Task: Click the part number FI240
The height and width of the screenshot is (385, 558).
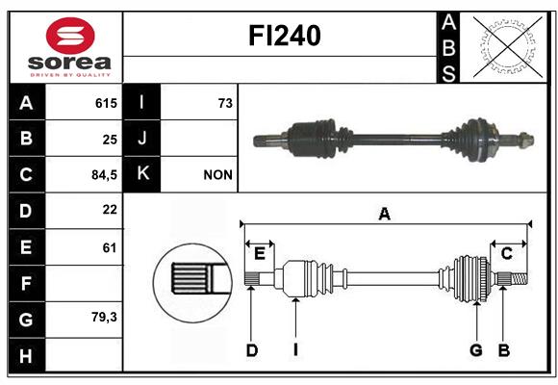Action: pyautogui.click(x=285, y=36)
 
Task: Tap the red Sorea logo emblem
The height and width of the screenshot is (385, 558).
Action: pyautogui.click(x=70, y=36)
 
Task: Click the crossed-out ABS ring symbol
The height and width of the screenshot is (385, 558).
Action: pyautogui.click(x=507, y=47)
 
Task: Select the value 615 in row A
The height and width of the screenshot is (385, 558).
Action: pyautogui.click(x=106, y=103)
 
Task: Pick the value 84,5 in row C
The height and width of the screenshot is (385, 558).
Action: pyautogui.click(x=104, y=175)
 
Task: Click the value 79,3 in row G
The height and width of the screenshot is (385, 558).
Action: pyautogui.click(x=104, y=317)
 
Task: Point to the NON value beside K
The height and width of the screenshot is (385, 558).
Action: pyautogui.click(x=217, y=175)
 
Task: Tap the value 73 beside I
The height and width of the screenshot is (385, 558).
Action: pyautogui.click(x=225, y=103)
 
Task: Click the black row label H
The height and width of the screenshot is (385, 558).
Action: pyautogui.click(x=26, y=356)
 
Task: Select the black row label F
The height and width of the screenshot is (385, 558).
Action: pyautogui.click(x=26, y=283)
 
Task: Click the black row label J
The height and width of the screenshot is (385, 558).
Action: pyautogui.click(x=141, y=138)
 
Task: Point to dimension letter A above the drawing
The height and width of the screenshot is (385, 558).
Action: pyautogui.click(x=384, y=214)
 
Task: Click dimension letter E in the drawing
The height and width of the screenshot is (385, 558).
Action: pyautogui.click(x=260, y=254)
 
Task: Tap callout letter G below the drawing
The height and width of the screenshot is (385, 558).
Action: pyautogui.click(x=476, y=350)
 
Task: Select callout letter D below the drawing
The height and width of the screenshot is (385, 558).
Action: pyautogui.click(x=252, y=350)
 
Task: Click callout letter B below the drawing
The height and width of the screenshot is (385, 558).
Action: pyautogui.click(x=504, y=350)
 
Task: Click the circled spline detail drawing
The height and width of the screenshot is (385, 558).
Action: pyautogui.click(x=192, y=283)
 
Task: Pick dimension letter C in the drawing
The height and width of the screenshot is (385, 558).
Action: pyautogui.click(x=506, y=254)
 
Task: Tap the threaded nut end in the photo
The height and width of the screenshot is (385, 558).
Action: pyautogui.click(x=525, y=140)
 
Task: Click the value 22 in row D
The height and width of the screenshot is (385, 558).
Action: pyautogui.click(x=110, y=210)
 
